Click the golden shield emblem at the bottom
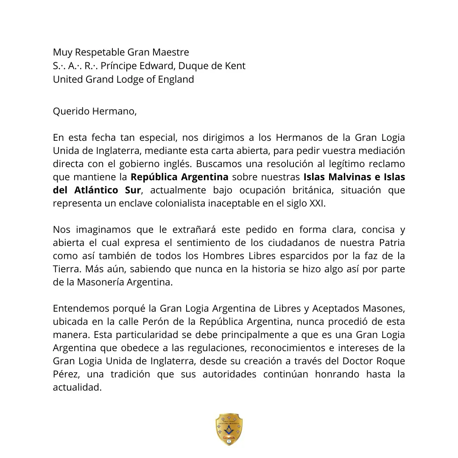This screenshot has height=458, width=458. [229, 429]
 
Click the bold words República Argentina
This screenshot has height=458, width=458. [179, 177]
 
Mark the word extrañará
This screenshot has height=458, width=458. [194, 230]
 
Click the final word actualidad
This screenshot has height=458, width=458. [77, 388]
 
